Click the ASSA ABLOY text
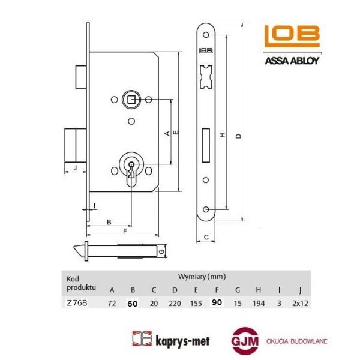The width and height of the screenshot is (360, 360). [x=291, y=60]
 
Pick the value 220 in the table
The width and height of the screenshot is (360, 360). [x=174, y=304]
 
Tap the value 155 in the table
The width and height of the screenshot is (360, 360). [x=194, y=304]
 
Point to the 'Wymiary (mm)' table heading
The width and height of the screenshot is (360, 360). [x=202, y=277]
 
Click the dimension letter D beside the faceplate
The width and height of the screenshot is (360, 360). [x=239, y=136]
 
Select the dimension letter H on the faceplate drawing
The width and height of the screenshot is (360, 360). [x=222, y=136]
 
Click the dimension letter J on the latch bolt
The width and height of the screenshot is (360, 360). [x=74, y=167]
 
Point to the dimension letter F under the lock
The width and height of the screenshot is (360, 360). [x=124, y=230]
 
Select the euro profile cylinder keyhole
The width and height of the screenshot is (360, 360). [x=130, y=170]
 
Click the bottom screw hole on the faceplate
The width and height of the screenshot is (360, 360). [x=206, y=209]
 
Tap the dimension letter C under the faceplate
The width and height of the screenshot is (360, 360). [x=205, y=238]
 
